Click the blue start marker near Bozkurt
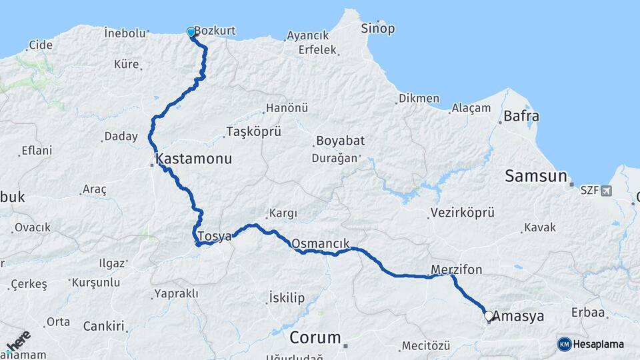191,32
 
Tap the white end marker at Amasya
489,315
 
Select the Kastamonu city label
193,159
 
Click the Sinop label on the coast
377,29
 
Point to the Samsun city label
535,176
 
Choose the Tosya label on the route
215,236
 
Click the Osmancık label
320,243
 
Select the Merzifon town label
456,269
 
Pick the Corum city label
315,337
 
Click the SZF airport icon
605,191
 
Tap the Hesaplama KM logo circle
564,344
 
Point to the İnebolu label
125,33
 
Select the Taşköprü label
253,131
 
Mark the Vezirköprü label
463,213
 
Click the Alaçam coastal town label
471,108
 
